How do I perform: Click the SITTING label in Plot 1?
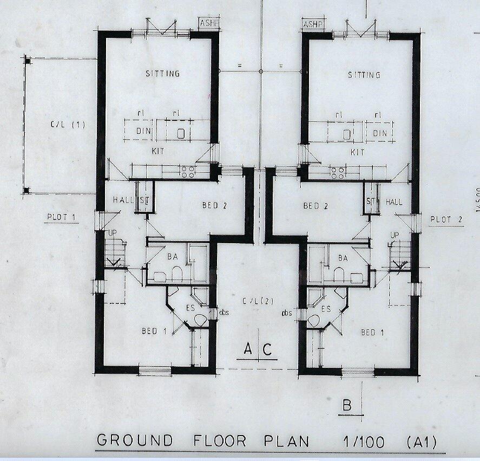tap(162, 74)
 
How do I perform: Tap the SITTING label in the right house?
tap(364, 75)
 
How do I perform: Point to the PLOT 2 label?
tap(447, 219)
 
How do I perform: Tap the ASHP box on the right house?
tap(312, 25)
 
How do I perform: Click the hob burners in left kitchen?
tap(188, 172)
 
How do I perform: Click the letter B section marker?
tap(348, 405)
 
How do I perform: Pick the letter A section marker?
tap(247, 349)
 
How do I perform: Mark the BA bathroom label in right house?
tap(343, 258)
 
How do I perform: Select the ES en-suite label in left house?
tap(190, 307)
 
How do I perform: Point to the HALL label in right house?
tap(394, 202)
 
